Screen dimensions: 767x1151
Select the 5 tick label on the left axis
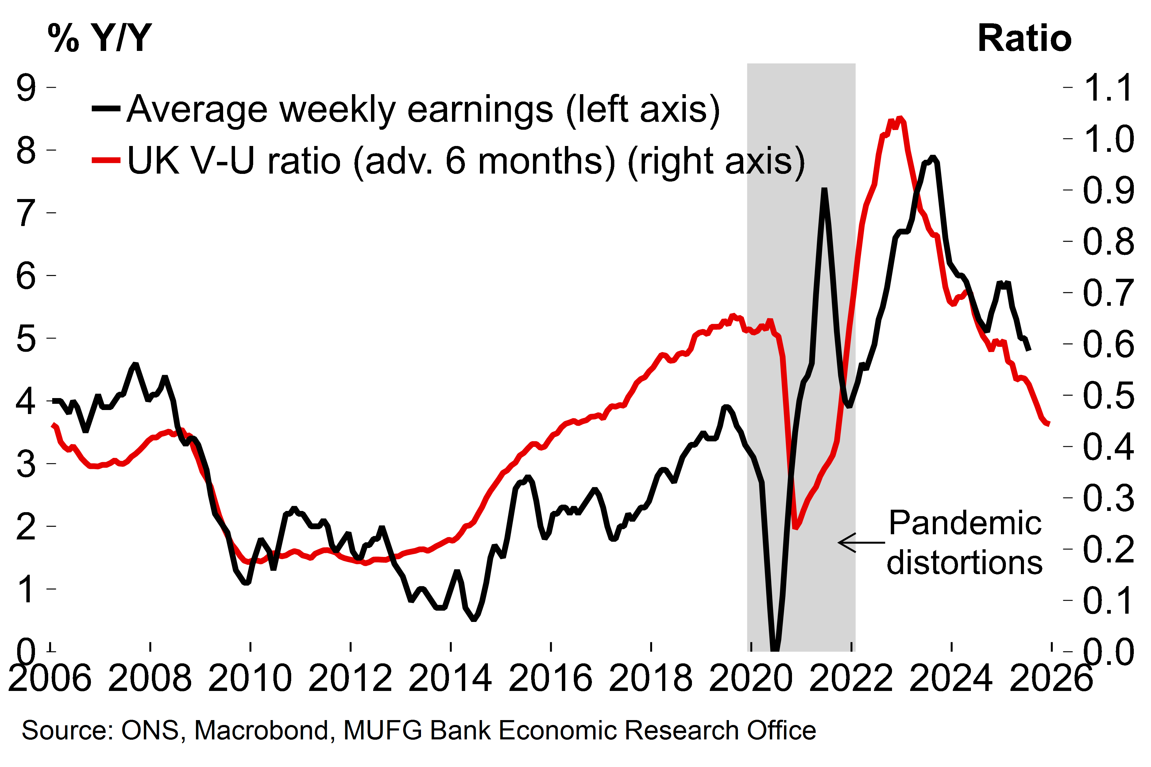click(26, 339)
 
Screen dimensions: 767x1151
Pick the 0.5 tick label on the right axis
click(1108, 395)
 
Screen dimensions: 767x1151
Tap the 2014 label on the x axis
click(450, 678)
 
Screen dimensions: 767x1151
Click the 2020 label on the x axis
click(750, 678)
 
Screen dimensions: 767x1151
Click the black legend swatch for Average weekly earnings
click(106, 108)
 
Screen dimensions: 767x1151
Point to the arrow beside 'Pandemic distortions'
click(861, 543)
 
